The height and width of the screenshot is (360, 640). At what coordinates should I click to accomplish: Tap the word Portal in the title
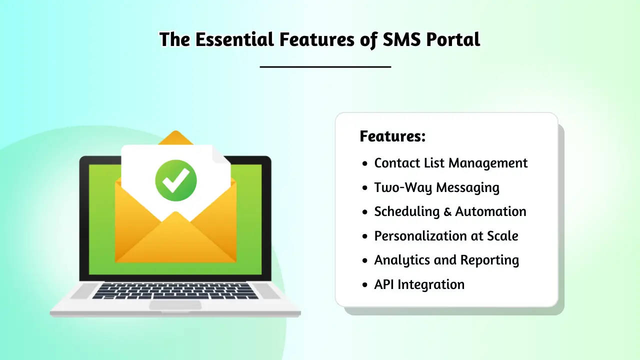pos(453,39)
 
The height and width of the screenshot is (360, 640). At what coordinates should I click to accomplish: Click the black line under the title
pos(325,66)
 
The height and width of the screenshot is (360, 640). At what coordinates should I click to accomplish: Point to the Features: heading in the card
pos(392,136)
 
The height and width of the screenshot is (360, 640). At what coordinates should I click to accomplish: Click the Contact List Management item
pos(450,163)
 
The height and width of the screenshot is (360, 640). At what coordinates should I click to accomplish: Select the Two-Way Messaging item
pos(436,187)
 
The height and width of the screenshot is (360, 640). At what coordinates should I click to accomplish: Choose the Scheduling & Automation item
pos(450,211)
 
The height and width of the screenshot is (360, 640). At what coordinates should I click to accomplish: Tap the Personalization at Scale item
pos(446,236)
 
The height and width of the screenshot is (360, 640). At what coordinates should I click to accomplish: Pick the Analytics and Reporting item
pos(446,260)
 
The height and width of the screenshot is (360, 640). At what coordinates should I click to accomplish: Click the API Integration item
pos(419,284)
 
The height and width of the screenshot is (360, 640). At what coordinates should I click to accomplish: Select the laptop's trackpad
pos(175,304)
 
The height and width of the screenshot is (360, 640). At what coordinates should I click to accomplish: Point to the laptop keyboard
pos(175,291)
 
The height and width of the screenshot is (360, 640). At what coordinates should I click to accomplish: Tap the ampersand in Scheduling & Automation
pos(448,212)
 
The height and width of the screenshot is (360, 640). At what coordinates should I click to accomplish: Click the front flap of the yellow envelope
pos(175,240)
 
